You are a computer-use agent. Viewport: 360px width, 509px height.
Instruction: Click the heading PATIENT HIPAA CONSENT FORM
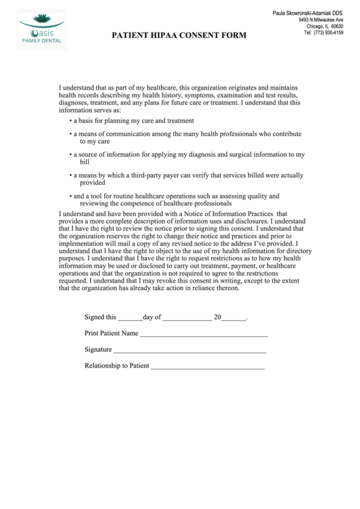point(179,35)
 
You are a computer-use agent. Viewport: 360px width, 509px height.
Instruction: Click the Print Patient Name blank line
point(203,336)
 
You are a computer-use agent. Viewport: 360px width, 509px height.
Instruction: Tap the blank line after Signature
point(190,351)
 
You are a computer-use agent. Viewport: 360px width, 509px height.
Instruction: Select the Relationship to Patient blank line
point(207,368)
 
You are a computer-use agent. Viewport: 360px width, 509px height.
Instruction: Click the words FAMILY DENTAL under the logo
point(41,41)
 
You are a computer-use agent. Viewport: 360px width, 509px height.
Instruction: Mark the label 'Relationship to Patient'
point(116,366)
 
